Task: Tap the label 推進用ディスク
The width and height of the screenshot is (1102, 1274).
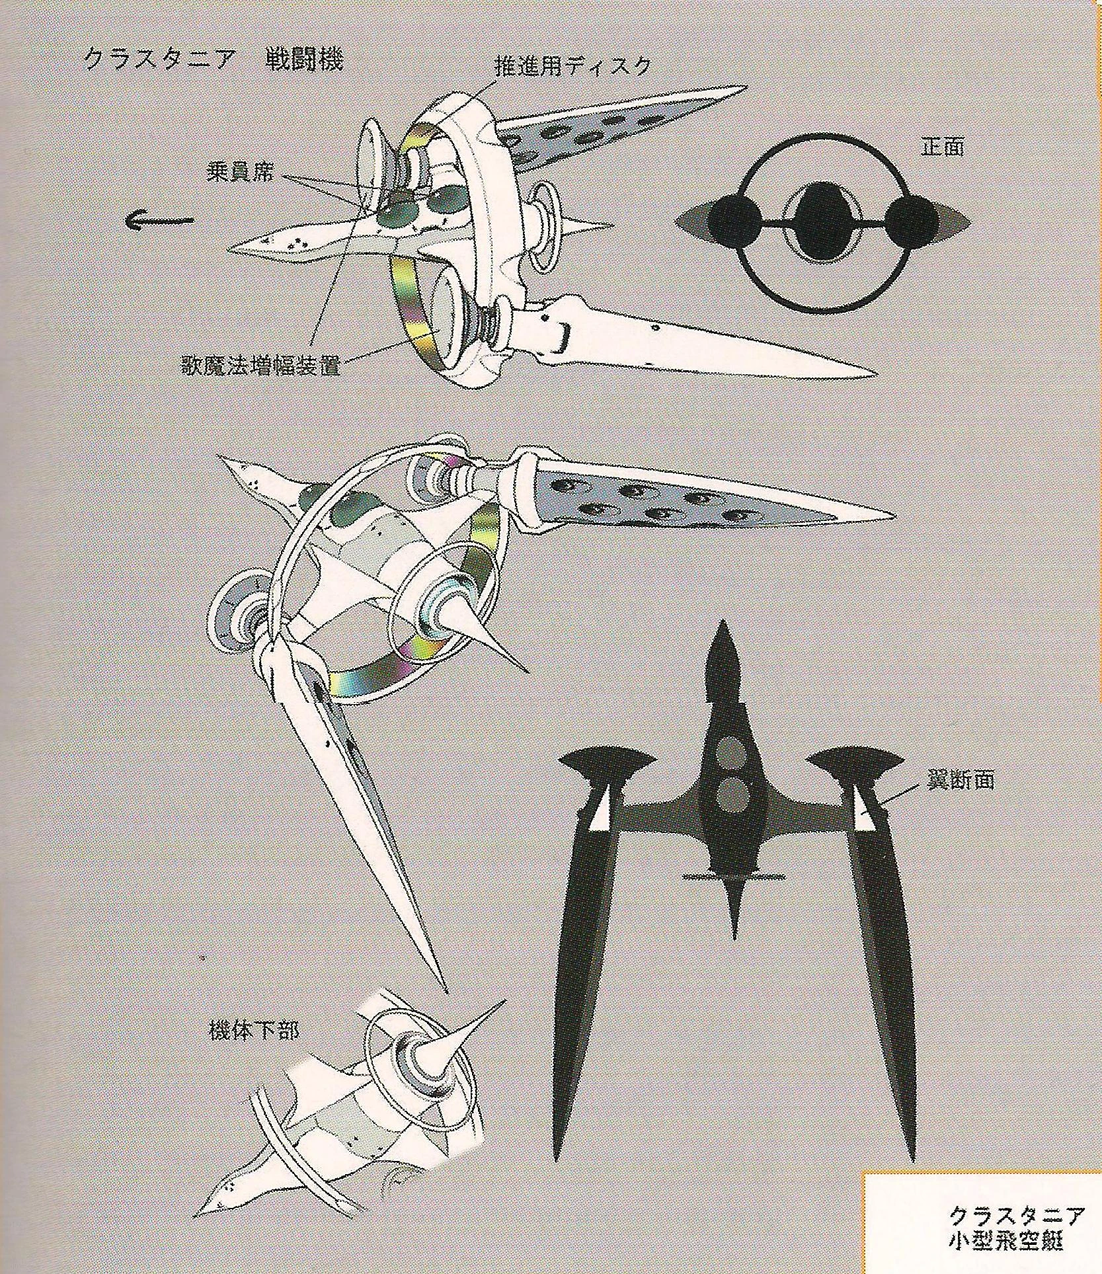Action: pos(572,66)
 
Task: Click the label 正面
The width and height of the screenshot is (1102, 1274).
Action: pos(942,147)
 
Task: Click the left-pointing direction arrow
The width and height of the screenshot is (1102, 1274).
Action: pos(159,220)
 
